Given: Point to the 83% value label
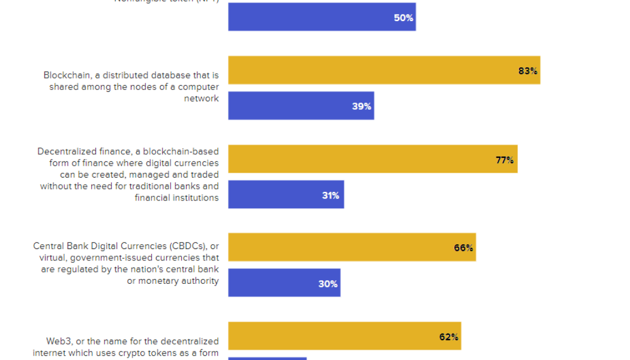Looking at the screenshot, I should (x=527, y=71).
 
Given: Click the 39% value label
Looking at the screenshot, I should (x=361, y=106).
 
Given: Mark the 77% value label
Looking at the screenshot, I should (x=504, y=160).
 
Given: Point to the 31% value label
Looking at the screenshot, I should (x=331, y=195).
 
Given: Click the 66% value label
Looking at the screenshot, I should (x=463, y=248).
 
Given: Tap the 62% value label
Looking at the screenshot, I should (x=448, y=337).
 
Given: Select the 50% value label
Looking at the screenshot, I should (x=403, y=18).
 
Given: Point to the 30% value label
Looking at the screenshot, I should (x=328, y=284).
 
